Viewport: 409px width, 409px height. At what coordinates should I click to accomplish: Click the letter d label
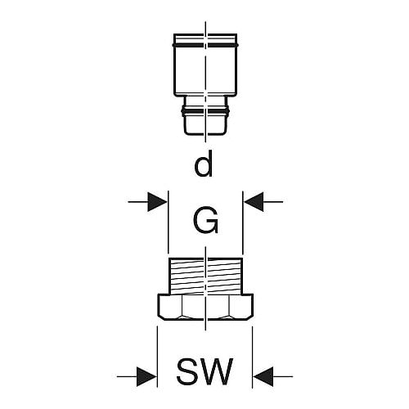pos(204,164)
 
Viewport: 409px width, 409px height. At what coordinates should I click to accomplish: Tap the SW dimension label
pos(204,371)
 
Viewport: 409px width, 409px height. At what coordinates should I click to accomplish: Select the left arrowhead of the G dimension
pos(157,202)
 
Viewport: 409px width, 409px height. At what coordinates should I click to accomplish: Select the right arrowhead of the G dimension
pos(254,202)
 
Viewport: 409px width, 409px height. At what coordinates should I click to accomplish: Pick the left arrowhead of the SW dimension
pos(146,376)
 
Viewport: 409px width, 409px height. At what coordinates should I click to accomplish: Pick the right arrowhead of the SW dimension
pos(263,376)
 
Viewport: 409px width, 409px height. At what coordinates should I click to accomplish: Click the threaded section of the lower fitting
pos(205,276)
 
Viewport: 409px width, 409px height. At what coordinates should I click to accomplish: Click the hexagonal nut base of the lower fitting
pos(205,307)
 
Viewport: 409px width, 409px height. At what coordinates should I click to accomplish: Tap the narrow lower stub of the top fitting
pos(205,115)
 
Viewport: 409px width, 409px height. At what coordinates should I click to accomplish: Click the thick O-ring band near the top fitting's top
pos(205,44)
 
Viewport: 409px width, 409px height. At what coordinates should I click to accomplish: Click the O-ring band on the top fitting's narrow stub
pos(205,110)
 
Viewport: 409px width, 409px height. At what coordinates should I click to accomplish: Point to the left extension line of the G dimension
pos(169,222)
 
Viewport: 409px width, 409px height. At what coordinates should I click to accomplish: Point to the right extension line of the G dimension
pos(242,222)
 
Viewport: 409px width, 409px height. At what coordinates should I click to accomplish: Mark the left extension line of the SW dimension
pos(157,357)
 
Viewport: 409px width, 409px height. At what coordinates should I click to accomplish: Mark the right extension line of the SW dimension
pos(252,357)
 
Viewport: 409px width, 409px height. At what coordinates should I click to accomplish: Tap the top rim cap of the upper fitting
pos(205,38)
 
